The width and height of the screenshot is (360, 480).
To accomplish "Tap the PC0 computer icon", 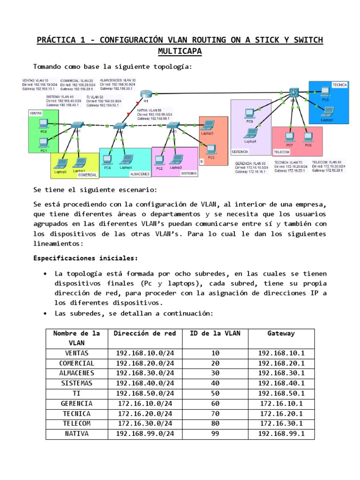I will [43, 124].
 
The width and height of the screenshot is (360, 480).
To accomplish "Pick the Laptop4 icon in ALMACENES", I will [125, 159].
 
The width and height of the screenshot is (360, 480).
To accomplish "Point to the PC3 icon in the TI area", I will [211, 149].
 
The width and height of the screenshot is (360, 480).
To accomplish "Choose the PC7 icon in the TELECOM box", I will [290, 136].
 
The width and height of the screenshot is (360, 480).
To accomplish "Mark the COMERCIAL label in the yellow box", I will [88, 175].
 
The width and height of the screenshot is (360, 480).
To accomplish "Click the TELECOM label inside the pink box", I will [282, 152].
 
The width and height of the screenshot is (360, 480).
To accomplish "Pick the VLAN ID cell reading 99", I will [215, 434].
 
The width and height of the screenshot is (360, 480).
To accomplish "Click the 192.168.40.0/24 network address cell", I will [145, 383].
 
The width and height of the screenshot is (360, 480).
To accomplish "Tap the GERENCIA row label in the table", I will [76, 404].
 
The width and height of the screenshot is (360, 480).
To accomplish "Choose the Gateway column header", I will [281, 333].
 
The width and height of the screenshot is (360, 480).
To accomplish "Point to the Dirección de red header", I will [145, 333].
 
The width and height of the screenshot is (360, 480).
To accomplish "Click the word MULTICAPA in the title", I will [180, 51].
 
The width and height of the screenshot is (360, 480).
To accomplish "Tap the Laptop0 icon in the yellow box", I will [60, 164].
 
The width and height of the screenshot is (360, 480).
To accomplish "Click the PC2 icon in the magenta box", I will [159, 160].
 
